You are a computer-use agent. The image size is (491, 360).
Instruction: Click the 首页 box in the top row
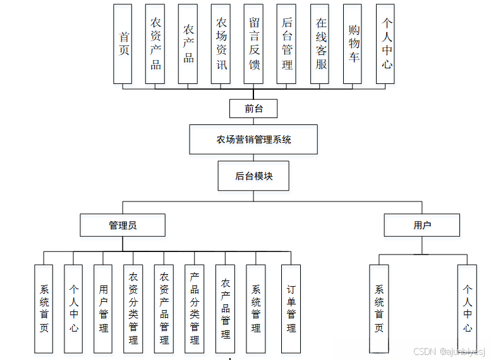coord(123,44)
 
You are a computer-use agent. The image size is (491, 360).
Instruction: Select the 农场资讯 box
coord(221,44)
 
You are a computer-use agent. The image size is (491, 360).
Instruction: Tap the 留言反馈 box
coord(254,44)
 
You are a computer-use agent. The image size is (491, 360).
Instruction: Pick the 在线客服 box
coord(320,44)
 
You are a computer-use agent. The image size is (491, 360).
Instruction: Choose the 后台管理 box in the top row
coord(287,44)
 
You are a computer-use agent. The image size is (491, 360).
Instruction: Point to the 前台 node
coord(253,109)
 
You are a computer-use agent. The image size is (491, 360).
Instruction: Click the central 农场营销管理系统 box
coord(253,140)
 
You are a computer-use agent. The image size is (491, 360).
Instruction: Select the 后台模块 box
coord(253,176)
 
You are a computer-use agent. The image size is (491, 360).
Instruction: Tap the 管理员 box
coord(122,225)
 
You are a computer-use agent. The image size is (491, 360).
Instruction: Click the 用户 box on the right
coord(421,225)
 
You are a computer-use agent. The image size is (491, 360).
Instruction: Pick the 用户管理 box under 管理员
coord(104,308)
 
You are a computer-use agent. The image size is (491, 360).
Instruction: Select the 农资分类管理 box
coord(133,308)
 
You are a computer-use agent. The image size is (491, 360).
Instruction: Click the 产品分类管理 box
coord(195,308)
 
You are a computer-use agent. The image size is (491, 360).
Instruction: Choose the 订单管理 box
coord(291,308)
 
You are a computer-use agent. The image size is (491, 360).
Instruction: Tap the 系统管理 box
coord(255,308)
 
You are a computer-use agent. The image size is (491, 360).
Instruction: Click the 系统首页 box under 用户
coord(379,308)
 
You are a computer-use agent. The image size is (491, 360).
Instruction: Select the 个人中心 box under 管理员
coord(74,308)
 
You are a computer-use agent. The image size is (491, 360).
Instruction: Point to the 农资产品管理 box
coord(164,308)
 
